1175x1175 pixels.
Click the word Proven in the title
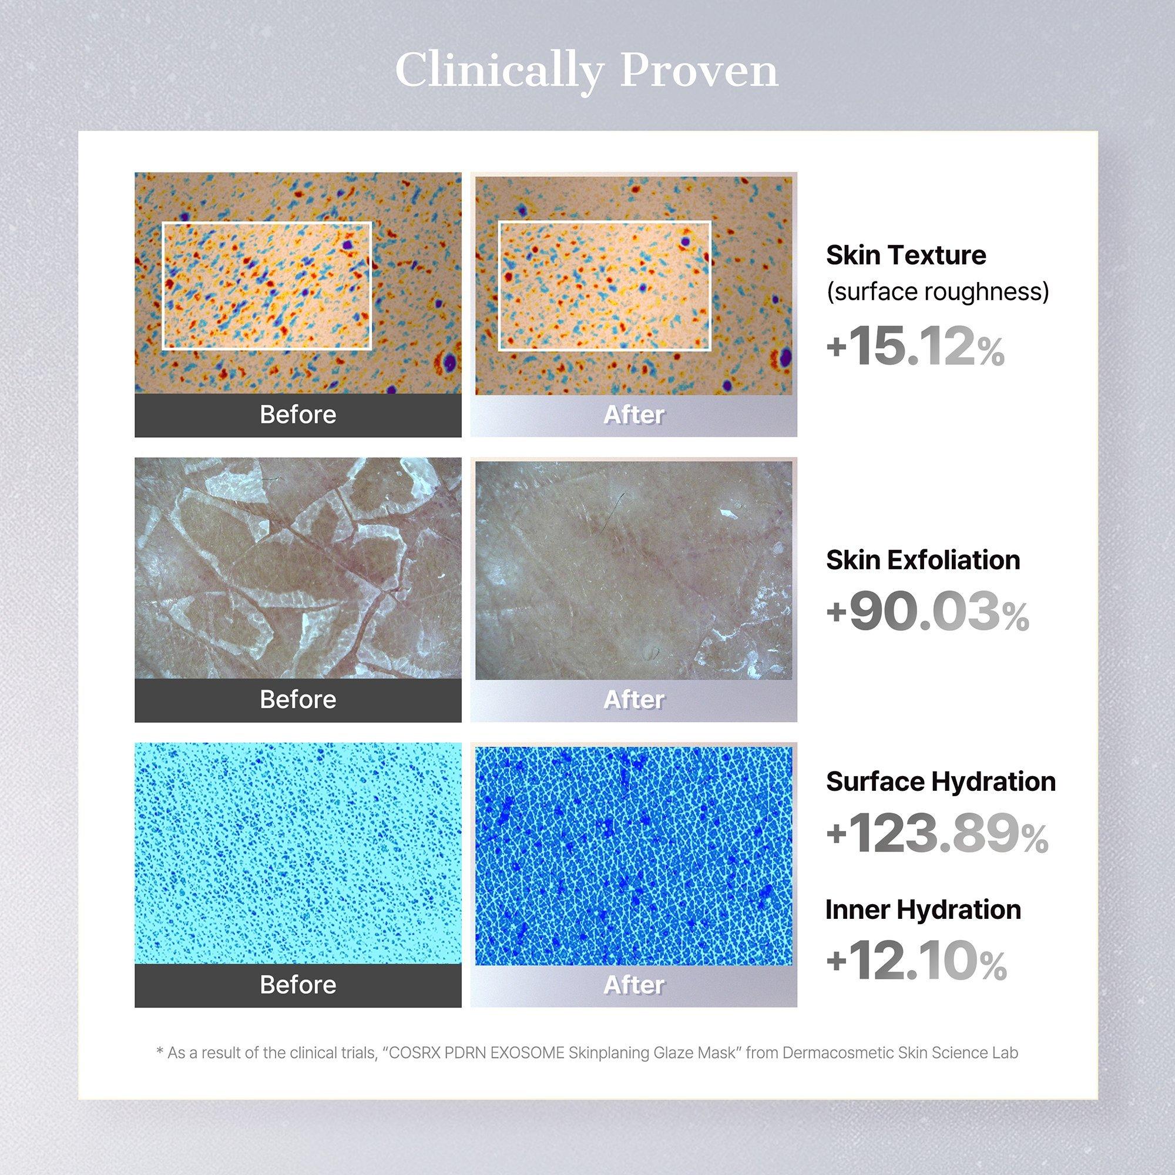699,72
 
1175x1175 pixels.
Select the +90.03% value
928,612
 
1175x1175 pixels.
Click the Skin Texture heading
906,255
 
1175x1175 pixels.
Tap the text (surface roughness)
938,292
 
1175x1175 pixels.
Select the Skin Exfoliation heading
923,559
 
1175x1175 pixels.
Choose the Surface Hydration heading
941,782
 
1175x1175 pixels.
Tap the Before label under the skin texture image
298,415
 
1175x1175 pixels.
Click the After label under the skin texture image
634,415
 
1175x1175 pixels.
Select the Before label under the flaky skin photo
298,699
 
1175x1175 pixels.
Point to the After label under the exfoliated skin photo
634,699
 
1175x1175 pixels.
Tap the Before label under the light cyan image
298,985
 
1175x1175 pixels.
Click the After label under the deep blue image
634,985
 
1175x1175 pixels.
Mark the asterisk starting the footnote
160,1050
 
